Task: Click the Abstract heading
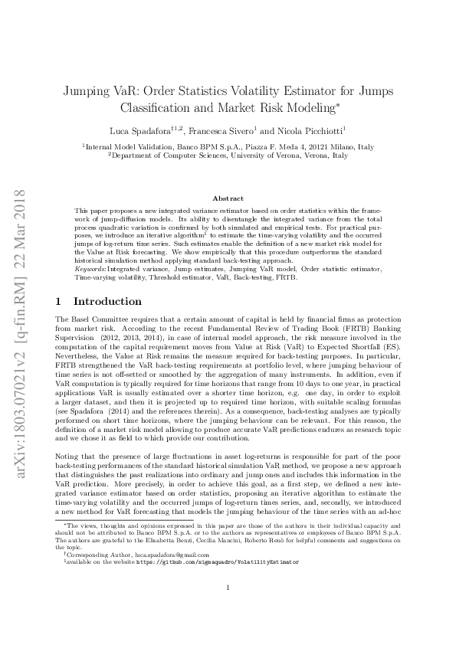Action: pyautogui.click(x=228, y=198)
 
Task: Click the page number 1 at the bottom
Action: pyautogui.click(x=228, y=610)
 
